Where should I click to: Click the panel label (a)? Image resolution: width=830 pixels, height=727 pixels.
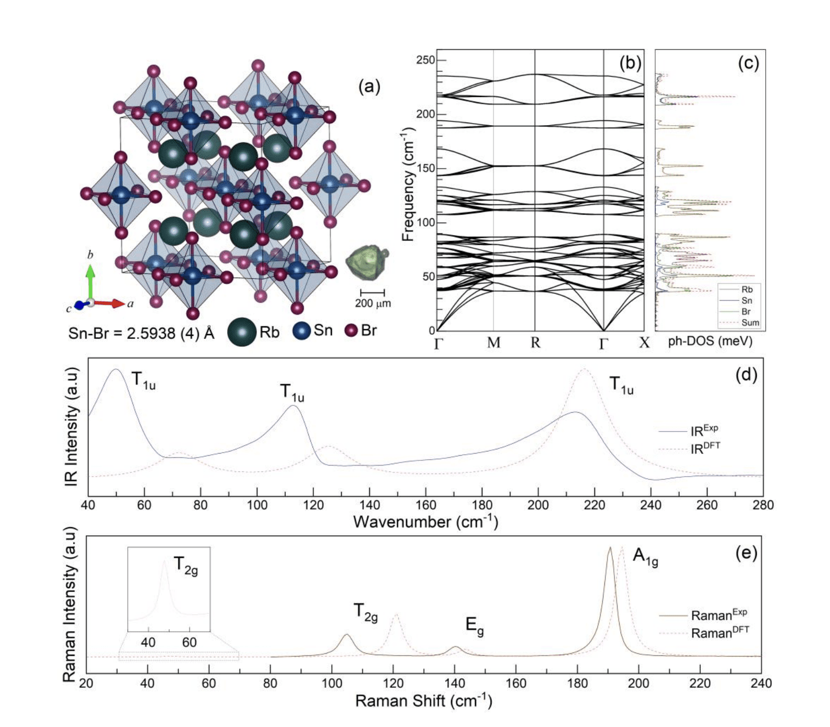[369, 86]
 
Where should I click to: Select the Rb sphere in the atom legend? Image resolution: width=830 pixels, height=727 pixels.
[242, 332]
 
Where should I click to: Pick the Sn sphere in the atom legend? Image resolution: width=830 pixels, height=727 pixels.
[301, 331]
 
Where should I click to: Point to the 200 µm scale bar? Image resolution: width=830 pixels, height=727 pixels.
[373, 293]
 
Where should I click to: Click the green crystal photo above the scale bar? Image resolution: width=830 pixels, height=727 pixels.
[368, 262]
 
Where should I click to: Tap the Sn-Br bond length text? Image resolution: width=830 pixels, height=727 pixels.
[141, 333]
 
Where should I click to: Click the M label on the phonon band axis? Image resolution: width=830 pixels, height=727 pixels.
[493, 343]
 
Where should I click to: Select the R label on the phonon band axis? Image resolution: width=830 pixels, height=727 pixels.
[535, 343]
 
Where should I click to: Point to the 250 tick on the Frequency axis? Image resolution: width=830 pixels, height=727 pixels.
[425, 60]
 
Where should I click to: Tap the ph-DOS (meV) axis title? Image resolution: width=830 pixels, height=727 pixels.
[710, 342]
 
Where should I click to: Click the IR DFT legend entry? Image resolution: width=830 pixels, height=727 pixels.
[704, 448]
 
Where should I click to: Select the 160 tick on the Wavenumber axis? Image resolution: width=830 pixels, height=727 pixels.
[425, 505]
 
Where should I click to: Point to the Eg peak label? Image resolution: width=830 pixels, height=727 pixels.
[475, 625]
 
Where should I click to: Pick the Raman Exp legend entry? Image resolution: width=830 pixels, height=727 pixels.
[719, 615]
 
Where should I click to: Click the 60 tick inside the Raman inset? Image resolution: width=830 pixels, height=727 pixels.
[189, 642]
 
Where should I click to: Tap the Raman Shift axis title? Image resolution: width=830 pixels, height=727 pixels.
[423, 701]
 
